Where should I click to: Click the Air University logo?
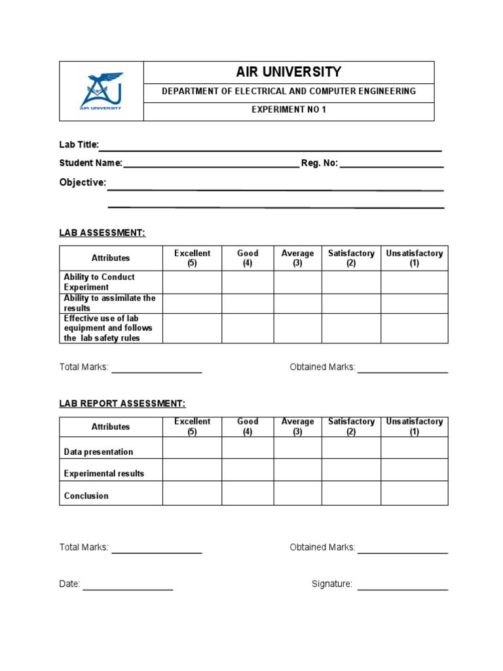pyautogui.click(x=101, y=91)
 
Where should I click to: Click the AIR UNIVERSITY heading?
pyautogui.click(x=288, y=72)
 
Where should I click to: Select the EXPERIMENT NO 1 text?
pyautogui.click(x=288, y=109)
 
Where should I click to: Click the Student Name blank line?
pyautogui.click(x=211, y=166)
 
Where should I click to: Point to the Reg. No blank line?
pyautogui.click(x=392, y=166)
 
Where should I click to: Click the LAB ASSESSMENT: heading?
pyautogui.click(x=102, y=233)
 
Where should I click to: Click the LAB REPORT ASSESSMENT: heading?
pyautogui.click(x=122, y=404)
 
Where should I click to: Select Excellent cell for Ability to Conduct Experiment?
pyautogui.click(x=192, y=282)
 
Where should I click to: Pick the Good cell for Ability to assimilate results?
pyautogui.click(x=248, y=303)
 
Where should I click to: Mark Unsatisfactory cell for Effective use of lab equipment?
pyautogui.click(x=414, y=328)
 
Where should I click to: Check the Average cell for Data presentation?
pyautogui.click(x=297, y=448)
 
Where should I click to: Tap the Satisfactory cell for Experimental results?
pyautogui.click(x=351, y=470)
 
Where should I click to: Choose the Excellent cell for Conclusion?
pyautogui.click(x=192, y=493)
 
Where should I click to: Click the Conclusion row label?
pyautogui.click(x=86, y=496)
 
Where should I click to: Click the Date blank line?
pyautogui.click(x=128, y=589)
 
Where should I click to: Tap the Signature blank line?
pyautogui.click(x=402, y=589)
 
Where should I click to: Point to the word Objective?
pyautogui.click(x=83, y=183)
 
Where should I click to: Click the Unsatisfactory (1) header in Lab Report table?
pyautogui.click(x=414, y=427)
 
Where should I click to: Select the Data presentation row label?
pyautogui.click(x=98, y=452)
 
